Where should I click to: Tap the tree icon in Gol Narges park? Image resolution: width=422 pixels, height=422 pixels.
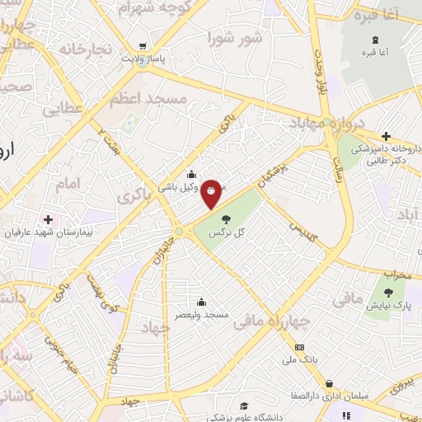(x=227, y=219)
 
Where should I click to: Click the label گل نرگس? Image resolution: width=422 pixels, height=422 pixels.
(x=228, y=233)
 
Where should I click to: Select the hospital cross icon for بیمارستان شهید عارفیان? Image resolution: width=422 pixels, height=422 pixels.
(x=48, y=219)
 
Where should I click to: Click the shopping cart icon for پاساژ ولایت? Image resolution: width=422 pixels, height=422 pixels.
(x=144, y=46)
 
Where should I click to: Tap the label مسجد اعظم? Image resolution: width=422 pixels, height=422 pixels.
(x=149, y=98)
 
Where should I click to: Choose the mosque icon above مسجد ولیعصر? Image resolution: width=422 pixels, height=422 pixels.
(x=200, y=302)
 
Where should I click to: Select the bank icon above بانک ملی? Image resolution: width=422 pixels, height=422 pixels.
(x=299, y=347)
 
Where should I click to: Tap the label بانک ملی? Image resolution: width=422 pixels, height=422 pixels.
(x=300, y=360)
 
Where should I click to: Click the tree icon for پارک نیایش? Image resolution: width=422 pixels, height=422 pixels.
(x=388, y=292)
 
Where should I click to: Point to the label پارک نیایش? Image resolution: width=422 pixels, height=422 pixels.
(x=391, y=306)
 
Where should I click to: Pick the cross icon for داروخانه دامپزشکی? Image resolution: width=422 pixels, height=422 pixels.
(x=386, y=136)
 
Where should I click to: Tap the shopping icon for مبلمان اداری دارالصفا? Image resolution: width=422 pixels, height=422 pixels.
(x=330, y=383)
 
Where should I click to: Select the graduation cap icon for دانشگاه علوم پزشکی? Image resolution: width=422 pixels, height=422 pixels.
(x=244, y=406)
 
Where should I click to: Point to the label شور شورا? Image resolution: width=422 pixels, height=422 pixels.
(x=236, y=38)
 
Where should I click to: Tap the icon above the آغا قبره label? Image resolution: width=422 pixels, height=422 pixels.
(x=376, y=40)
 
